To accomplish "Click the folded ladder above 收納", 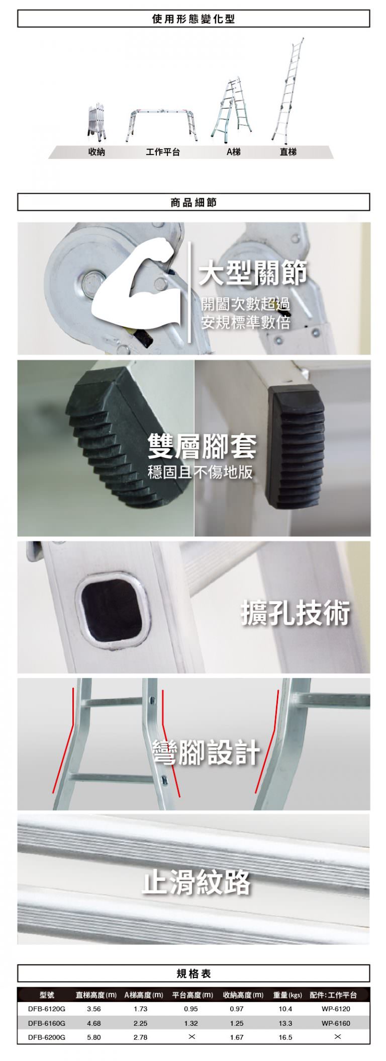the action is point(97,121).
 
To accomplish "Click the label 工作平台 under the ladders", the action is point(163,152).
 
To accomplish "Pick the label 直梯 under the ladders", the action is point(288,152).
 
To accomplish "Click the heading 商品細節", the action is point(194,202).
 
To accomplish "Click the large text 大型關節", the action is point(253,273).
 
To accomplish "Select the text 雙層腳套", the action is point(202,446).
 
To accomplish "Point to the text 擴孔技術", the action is point(296,613).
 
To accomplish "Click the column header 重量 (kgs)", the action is point(287,995).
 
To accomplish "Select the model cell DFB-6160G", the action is point(47,1023).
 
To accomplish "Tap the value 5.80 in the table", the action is point(94,1037).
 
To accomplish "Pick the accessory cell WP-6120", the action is point(336,1009).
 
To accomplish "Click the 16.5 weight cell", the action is point(285,1037).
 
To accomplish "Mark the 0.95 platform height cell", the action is point(191,1009).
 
